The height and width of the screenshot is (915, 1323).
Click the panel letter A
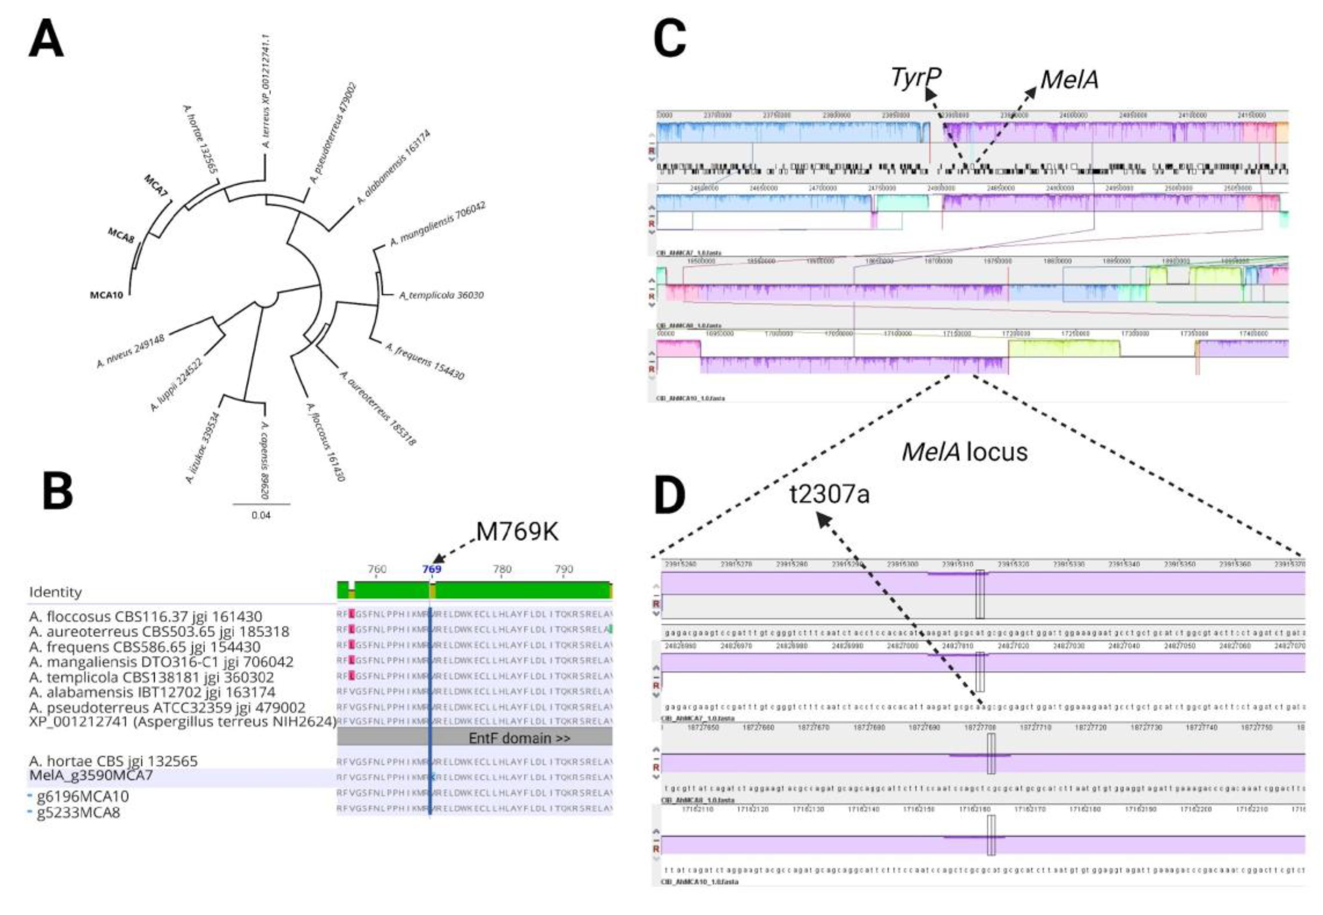pyautogui.click(x=46, y=39)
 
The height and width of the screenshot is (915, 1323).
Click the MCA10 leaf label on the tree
pyautogui.click(x=107, y=295)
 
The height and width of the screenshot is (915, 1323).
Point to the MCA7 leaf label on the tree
pyautogui.click(x=156, y=186)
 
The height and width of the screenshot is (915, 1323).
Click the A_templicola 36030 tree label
pyautogui.click(x=442, y=295)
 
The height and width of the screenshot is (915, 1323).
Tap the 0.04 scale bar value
pyautogui.click(x=261, y=515)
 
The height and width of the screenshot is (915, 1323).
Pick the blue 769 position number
pyautogui.click(x=431, y=569)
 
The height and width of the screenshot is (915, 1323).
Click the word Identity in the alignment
pyautogui.click(x=55, y=591)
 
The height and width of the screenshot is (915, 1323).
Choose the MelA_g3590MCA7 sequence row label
pyautogui.click(x=91, y=776)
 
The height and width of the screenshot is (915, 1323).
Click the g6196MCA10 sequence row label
pyautogui.click(x=83, y=796)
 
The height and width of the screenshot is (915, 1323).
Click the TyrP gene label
pyautogui.click(x=915, y=78)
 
